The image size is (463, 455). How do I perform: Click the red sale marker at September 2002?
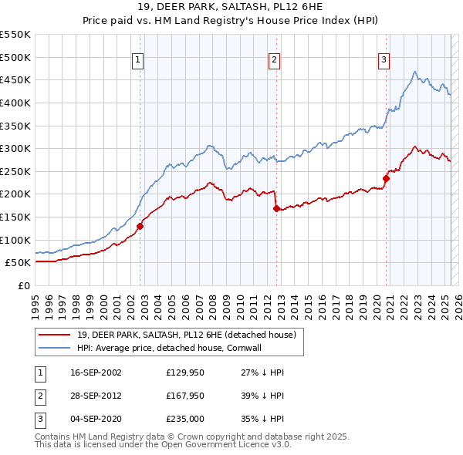click(140, 226)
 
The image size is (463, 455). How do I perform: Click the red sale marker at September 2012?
click(276, 208)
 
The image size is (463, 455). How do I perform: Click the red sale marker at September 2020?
click(386, 178)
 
